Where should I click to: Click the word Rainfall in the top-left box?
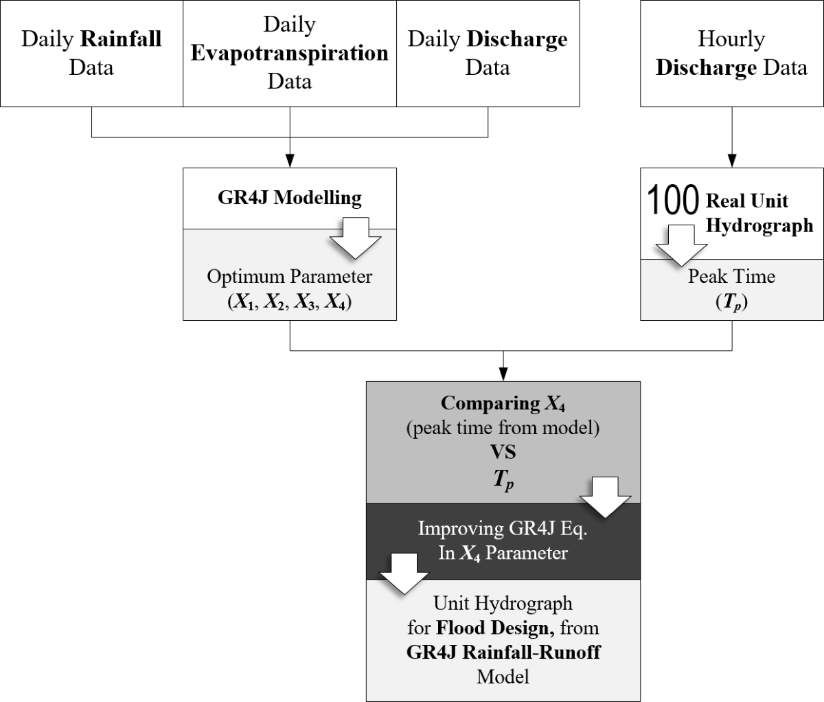pos(121,38)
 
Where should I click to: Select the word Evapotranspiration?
pos(289,53)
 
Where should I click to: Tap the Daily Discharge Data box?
pos(488,53)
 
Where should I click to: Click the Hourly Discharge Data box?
pos(731,53)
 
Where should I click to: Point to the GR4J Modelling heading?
pos(289,198)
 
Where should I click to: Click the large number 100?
pos(673,200)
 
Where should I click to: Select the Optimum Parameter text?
pos(289,277)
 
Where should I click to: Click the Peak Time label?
pos(731,277)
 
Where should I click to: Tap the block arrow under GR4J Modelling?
pos(355,238)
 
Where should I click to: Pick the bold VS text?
pos(503,452)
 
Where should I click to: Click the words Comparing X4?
pos(503,403)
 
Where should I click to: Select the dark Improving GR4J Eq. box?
pos(503,541)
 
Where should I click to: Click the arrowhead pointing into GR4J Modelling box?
pos(290,163)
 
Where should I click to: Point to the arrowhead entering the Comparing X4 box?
pos(503,376)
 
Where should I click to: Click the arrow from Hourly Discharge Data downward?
pos(731,137)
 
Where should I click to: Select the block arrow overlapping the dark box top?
pos(605,498)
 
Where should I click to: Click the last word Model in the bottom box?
pos(503,677)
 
